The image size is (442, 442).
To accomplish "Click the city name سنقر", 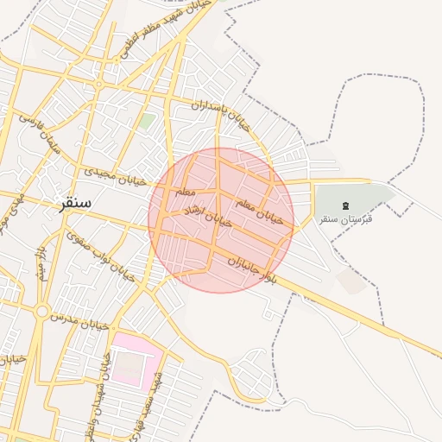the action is pos(75,205).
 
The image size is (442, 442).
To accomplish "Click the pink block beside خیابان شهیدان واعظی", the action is pos(130,359).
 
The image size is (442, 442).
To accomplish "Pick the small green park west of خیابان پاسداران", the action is pos(148,122).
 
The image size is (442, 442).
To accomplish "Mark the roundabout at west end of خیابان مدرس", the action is pos(41,311).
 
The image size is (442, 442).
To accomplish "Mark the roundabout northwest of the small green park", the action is pos(99,85).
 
